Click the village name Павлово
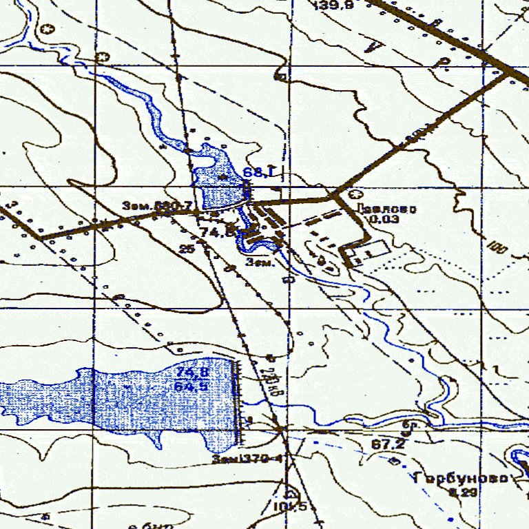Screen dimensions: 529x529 coord(387,209)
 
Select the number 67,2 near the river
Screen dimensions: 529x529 coord(386,445)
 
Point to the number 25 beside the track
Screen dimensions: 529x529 coord(186,249)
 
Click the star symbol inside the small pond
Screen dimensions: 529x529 coord(222,177)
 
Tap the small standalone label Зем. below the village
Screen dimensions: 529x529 coord(261,262)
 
